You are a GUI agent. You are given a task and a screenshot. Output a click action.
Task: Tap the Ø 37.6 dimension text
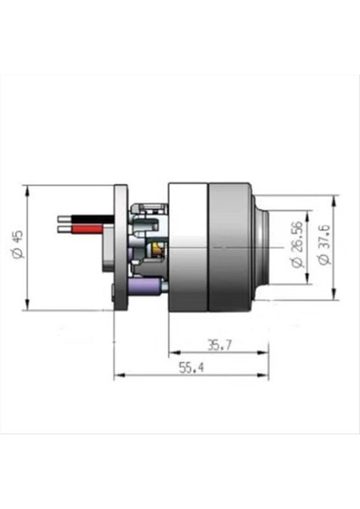point(323,245)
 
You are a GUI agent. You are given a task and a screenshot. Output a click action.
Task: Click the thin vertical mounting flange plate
point(120,246)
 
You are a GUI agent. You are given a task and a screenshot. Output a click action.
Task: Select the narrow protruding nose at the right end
point(262,246)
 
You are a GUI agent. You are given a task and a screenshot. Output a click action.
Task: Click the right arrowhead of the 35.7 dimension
point(266,351)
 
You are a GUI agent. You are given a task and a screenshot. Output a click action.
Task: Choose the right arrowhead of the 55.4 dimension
point(266,374)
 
